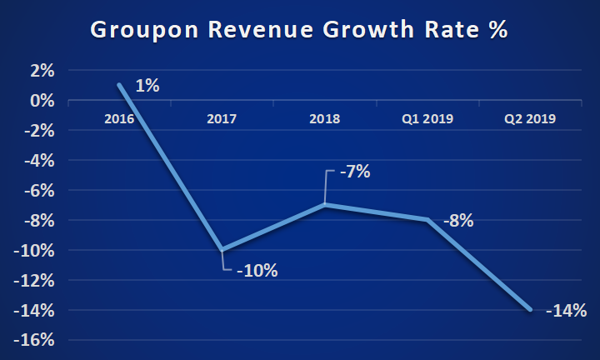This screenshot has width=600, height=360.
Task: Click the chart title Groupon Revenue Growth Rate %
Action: tap(298, 31)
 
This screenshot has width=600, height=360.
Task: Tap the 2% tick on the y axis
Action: tap(42, 71)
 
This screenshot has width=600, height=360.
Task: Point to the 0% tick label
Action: tap(42, 101)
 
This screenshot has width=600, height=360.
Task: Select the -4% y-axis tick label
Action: tap(39, 161)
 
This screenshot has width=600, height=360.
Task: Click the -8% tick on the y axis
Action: tap(39, 221)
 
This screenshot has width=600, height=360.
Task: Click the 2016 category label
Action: tap(120, 119)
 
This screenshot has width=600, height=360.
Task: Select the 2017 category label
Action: tap(222, 119)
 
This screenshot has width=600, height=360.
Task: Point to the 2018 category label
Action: tap(325, 119)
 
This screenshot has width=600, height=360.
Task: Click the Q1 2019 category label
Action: tap(427, 119)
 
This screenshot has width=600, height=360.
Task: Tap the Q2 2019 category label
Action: tap(530, 119)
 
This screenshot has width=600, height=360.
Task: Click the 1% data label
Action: tap(147, 85)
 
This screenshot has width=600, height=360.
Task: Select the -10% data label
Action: tap(257, 271)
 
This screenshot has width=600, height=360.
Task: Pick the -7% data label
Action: tap(353, 172)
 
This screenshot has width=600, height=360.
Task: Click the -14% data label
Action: tap(567, 311)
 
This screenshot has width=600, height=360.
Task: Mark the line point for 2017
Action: tap(222, 250)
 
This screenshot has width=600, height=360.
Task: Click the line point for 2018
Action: tap(325, 205)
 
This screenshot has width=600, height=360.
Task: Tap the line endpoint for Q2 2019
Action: tap(530, 310)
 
